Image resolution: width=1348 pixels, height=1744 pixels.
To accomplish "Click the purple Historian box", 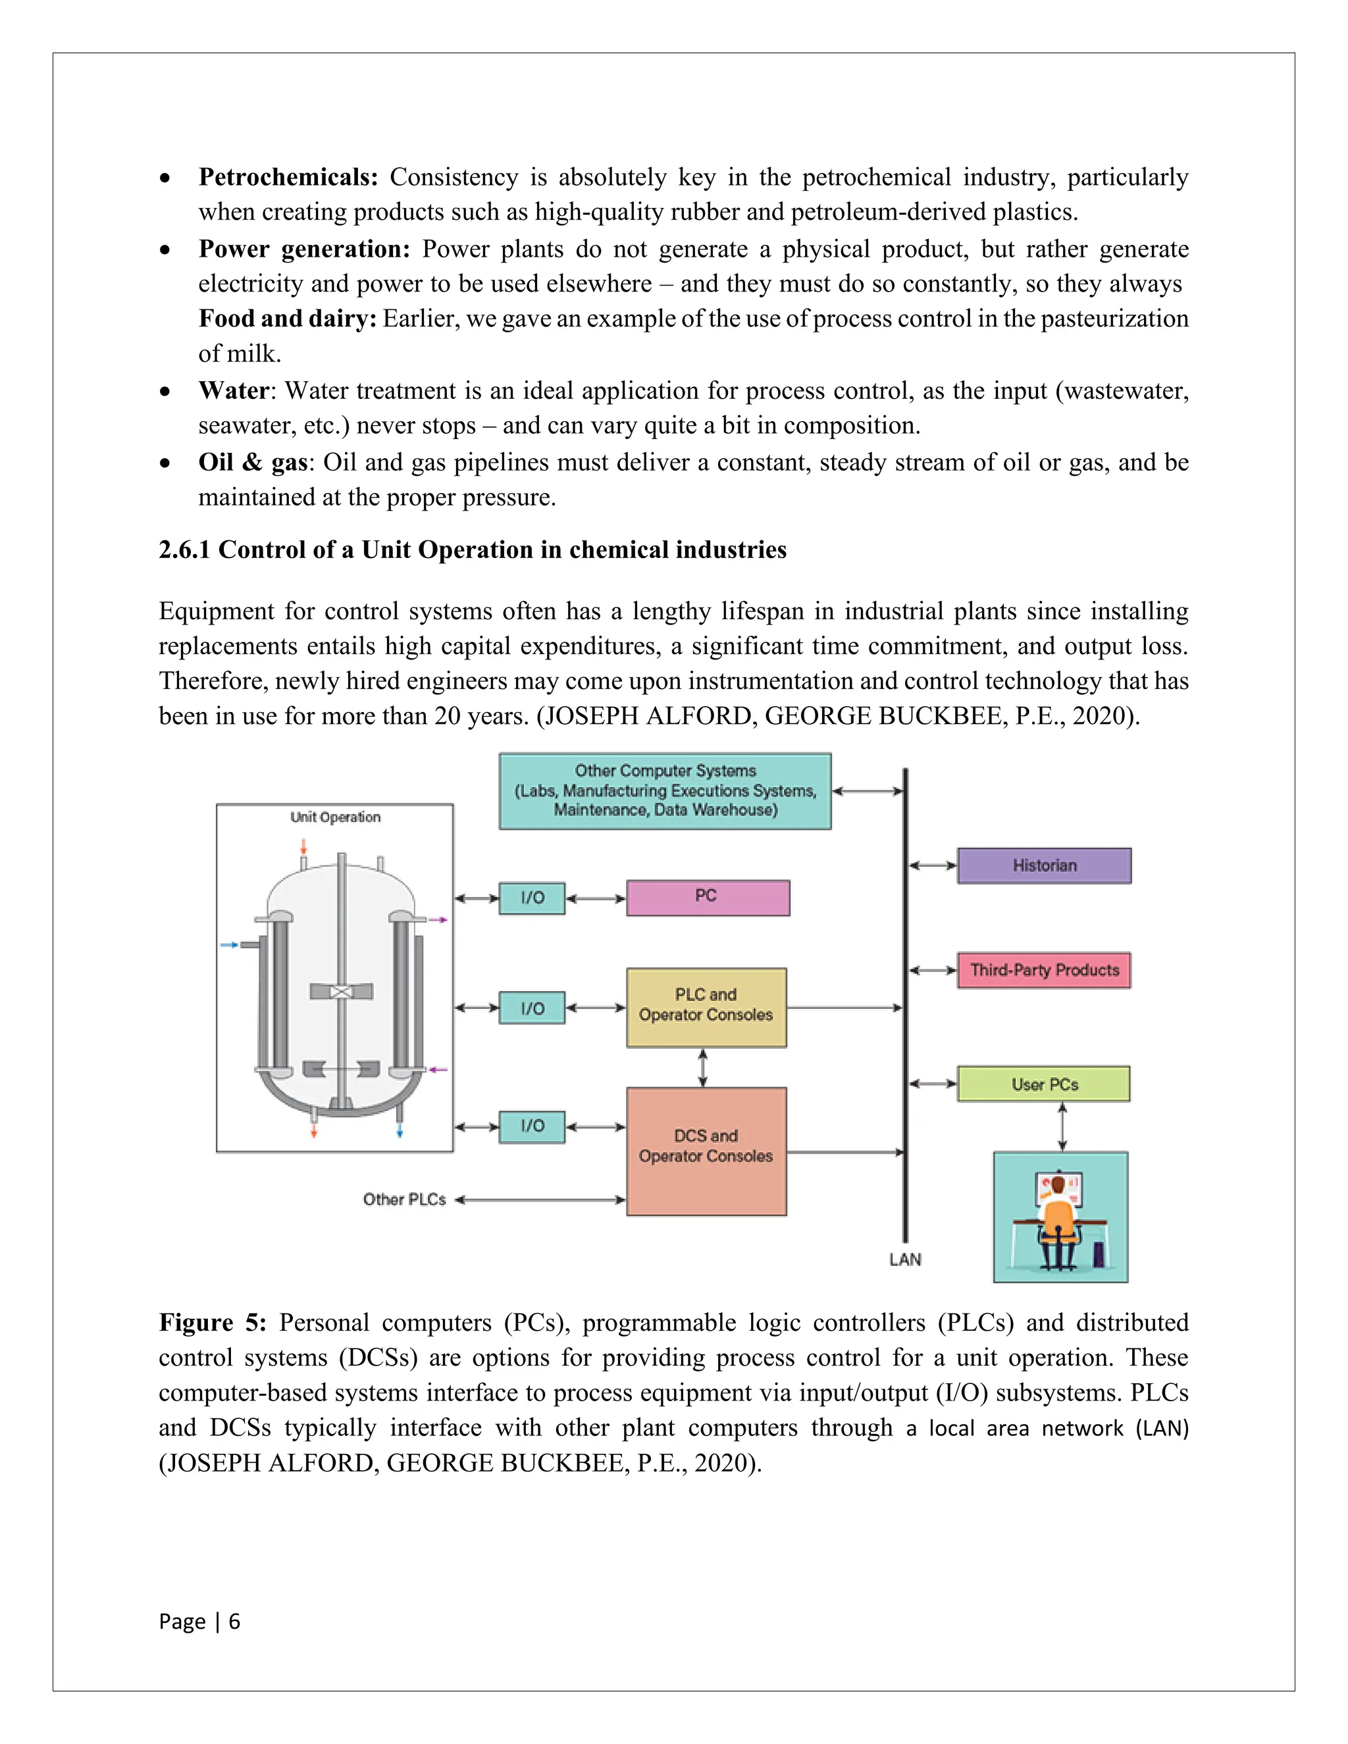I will [x=1044, y=865].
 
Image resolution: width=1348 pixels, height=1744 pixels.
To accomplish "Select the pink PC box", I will [x=708, y=898].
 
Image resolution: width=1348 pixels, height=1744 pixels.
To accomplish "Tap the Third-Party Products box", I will [x=1044, y=970].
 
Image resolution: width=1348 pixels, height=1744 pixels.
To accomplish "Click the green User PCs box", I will [x=1044, y=1084].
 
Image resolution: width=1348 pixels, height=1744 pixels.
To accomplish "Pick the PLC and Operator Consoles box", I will [x=706, y=1007].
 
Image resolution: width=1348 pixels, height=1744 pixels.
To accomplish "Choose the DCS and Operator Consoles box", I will [x=706, y=1150].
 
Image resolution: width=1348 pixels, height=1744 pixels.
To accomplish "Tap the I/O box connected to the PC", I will [x=532, y=898].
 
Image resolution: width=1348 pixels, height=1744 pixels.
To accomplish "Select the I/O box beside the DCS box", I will [x=532, y=1126].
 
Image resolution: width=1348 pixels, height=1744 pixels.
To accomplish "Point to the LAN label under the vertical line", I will [x=905, y=1259].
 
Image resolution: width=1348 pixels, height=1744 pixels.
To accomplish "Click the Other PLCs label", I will [x=404, y=1199].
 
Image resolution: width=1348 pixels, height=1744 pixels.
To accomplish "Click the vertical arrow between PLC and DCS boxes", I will [x=703, y=1067].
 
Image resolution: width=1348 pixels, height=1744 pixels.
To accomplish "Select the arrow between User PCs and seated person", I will [x=1062, y=1126].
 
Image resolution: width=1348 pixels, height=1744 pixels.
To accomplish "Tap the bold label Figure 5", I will [x=213, y=1323].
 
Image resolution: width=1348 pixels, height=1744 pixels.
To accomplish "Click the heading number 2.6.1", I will [x=184, y=550].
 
